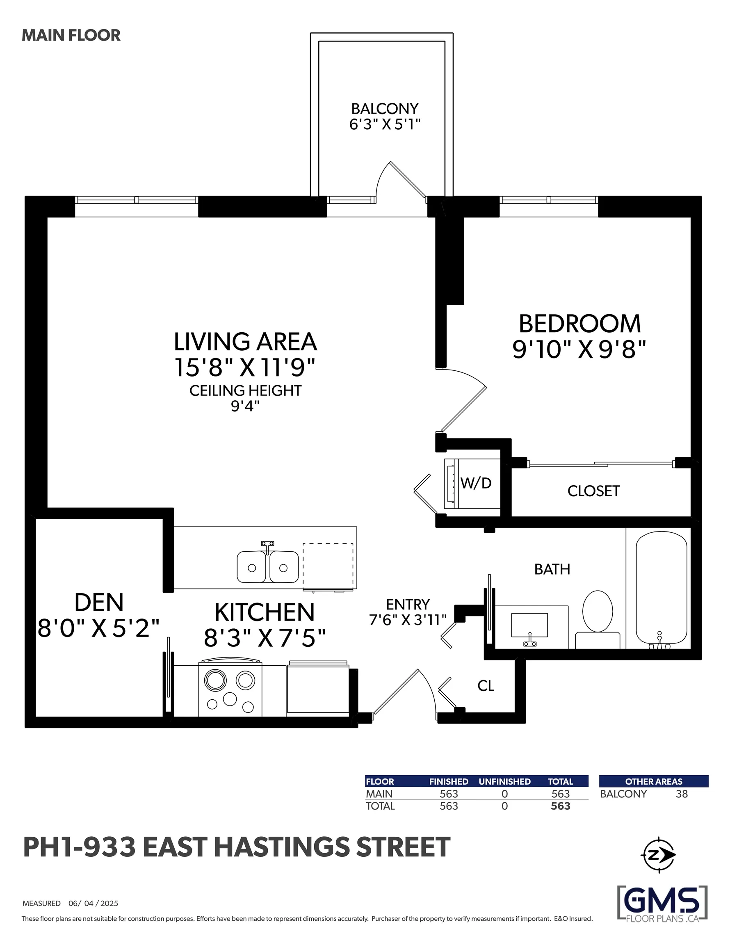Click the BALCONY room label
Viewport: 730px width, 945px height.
(385, 108)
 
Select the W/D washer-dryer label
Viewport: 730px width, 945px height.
(476, 483)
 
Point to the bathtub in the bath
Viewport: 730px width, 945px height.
(661, 590)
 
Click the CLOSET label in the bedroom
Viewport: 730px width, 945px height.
(593, 491)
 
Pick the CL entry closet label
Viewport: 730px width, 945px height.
(486, 685)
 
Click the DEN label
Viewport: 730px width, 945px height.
(99, 602)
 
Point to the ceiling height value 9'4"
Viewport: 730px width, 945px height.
(245, 406)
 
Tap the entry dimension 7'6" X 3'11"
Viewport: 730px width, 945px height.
(408, 620)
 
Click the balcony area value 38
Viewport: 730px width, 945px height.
(682, 794)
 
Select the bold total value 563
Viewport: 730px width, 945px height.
(560, 806)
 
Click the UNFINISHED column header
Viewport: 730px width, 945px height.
(504, 781)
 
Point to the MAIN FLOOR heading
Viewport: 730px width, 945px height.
(71, 36)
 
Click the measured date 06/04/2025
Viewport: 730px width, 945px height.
(93, 903)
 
